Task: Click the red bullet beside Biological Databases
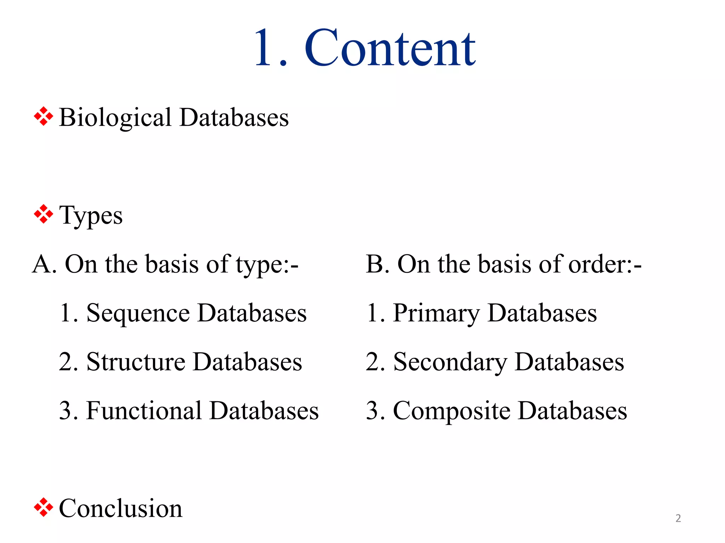coord(43,116)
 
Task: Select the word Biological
coord(115,118)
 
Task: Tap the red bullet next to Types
coord(43,214)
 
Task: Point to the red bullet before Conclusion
coord(43,507)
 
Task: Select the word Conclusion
coord(120,508)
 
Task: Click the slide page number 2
coord(678,518)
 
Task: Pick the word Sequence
coord(138,314)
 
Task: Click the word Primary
coord(436,314)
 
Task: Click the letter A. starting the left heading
coord(44,264)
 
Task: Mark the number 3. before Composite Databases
coord(375,411)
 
